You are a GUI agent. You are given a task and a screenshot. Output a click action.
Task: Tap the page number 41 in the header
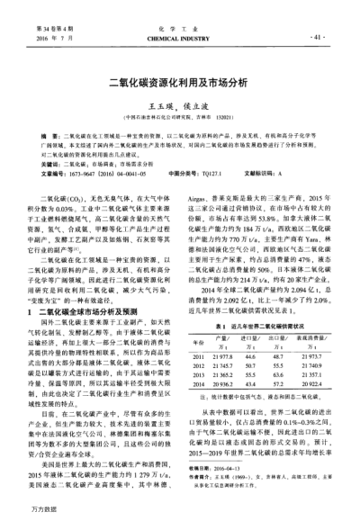315,38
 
